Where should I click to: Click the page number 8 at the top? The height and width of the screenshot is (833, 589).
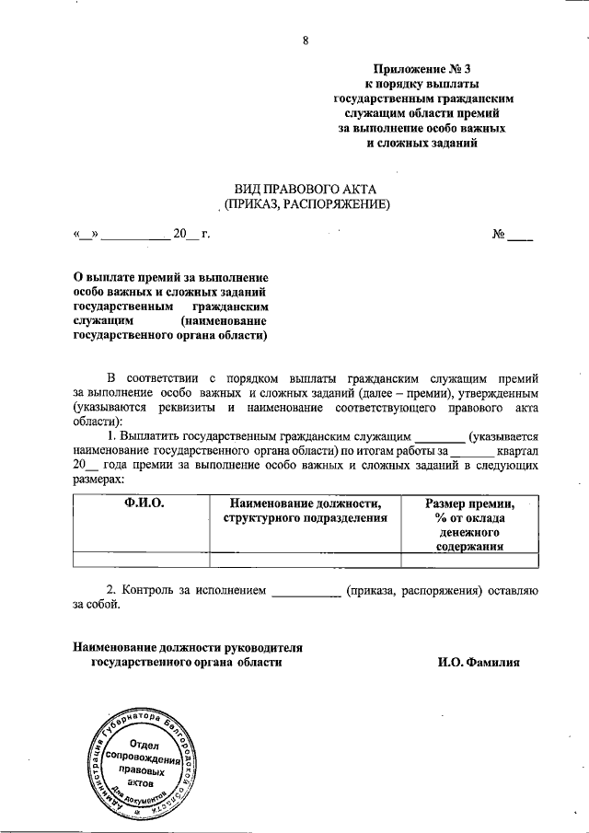point(305,40)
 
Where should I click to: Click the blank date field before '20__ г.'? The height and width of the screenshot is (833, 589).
point(134,235)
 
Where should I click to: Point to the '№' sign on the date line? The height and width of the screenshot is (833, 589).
point(502,235)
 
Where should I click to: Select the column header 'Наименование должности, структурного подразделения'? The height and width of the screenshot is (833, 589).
point(305,511)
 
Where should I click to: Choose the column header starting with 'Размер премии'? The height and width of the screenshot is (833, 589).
point(469,503)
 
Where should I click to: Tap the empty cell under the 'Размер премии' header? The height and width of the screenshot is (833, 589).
point(469,559)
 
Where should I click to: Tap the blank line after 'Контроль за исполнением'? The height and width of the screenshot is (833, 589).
point(307,592)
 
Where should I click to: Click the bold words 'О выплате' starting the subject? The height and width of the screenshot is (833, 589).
point(104,278)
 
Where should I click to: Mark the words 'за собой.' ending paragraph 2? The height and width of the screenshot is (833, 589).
point(96,606)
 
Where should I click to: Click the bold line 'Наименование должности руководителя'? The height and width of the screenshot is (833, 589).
point(188,648)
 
